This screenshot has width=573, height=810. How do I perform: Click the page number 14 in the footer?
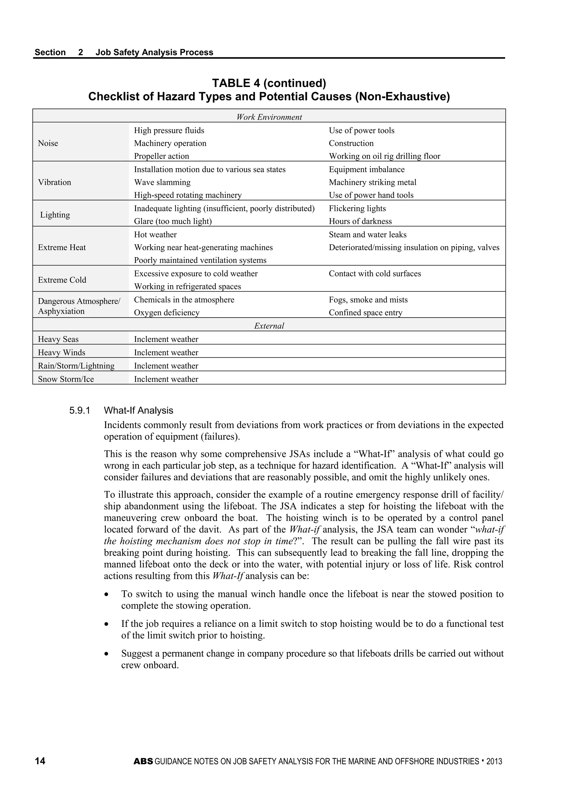click(x=40, y=761)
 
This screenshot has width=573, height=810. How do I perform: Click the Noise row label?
click(x=48, y=143)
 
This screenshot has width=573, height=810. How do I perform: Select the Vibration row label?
click(x=55, y=182)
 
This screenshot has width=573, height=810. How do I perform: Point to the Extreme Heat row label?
click(x=62, y=248)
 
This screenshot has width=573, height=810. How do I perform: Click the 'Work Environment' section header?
click(x=269, y=117)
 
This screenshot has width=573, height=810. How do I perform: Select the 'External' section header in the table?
click(x=269, y=326)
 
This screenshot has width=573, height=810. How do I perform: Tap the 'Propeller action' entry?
click(x=162, y=156)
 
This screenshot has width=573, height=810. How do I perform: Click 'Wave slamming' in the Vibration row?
click(x=162, y=182)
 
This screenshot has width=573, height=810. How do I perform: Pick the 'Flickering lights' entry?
click(x=357, y=208)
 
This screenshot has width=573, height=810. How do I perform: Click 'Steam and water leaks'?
click(x=368, y=234)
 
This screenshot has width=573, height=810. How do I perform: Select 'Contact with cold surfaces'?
click(x=375, y=274)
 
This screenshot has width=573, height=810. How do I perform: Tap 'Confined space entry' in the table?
click(x=365, y=313)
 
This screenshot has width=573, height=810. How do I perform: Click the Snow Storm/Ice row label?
click(x=66, y=379)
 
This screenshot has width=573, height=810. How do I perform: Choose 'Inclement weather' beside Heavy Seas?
click(x=166, y=339)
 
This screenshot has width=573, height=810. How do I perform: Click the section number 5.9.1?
click(x=80, y=411)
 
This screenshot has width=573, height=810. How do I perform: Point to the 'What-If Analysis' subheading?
click(x=139, y=411)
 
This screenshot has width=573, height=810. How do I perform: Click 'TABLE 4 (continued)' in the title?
click(x=269, y=83)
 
